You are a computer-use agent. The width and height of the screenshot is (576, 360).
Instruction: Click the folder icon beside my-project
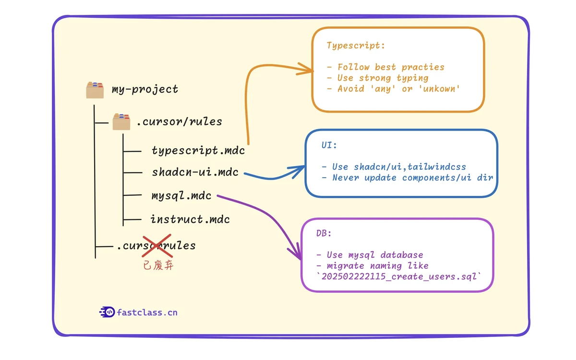pos(95,90)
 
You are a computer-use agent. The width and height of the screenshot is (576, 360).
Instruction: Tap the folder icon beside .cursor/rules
pos(121,122)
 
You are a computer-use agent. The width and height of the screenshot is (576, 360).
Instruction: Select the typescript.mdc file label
pos(198,150)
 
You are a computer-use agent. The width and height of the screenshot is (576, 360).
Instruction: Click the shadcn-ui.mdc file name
pos(195,172)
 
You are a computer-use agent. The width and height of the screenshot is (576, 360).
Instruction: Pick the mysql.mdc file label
pos(181,195)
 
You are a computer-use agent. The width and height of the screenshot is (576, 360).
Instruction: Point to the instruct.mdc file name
pos(190,219)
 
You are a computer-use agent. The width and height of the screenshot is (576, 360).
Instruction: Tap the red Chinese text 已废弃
pos(158,265)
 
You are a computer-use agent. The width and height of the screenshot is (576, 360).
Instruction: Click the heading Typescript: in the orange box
pos(356,46)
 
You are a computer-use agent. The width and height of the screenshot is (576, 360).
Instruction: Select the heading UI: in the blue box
pos(330,145)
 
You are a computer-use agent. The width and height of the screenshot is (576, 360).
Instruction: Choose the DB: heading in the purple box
pos(324,233)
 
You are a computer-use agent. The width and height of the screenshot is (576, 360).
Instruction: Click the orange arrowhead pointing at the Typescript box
pos(308,69)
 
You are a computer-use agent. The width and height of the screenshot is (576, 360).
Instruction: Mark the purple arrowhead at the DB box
pos(294,255)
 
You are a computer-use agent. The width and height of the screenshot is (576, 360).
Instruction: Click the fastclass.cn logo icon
pos(107,312)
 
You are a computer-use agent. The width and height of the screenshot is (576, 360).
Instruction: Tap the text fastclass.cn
pos(147,312)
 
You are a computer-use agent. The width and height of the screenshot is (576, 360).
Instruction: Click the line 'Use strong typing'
pos(377,78)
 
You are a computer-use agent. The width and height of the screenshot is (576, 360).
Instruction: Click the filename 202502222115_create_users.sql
pos(399,276)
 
